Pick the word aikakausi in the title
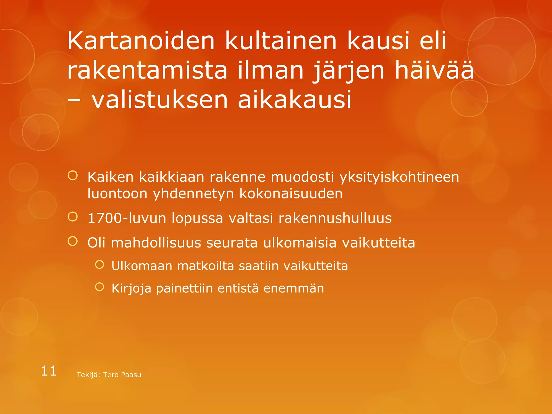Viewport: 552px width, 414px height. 295,100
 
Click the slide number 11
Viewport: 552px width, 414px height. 49,371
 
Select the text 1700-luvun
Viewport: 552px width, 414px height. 127,218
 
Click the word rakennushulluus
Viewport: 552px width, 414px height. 335,218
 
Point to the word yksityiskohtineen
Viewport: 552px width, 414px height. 399,177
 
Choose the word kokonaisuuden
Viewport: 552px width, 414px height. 291,194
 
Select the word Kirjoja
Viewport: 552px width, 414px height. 131,288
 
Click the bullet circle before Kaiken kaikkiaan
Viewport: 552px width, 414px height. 73,176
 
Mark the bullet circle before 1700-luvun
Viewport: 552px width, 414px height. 73,216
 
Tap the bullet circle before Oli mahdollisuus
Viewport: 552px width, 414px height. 73,241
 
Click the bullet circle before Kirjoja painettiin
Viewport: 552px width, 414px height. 99,287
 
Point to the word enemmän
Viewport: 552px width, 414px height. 294,288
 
